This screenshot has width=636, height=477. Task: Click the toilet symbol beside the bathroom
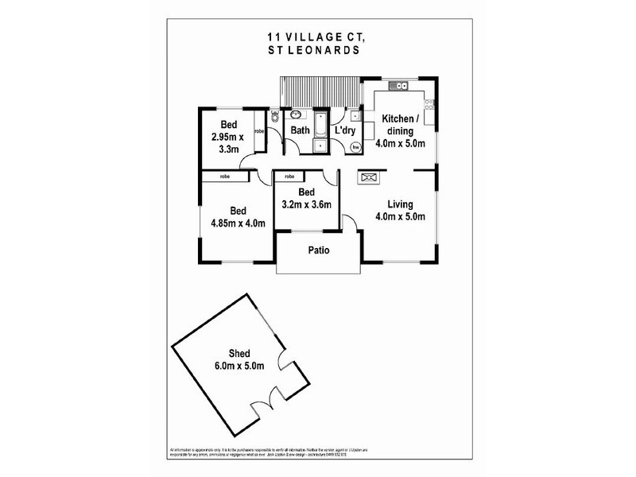274,117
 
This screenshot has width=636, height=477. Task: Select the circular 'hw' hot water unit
355,146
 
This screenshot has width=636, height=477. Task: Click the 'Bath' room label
300,130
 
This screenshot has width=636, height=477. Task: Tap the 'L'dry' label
345,130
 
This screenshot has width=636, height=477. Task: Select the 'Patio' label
319,250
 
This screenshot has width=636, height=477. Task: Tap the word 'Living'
400,204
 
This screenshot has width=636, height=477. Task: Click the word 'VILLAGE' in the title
318,36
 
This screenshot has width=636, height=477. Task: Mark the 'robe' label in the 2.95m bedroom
259,131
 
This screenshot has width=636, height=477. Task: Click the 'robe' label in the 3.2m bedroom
289,176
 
